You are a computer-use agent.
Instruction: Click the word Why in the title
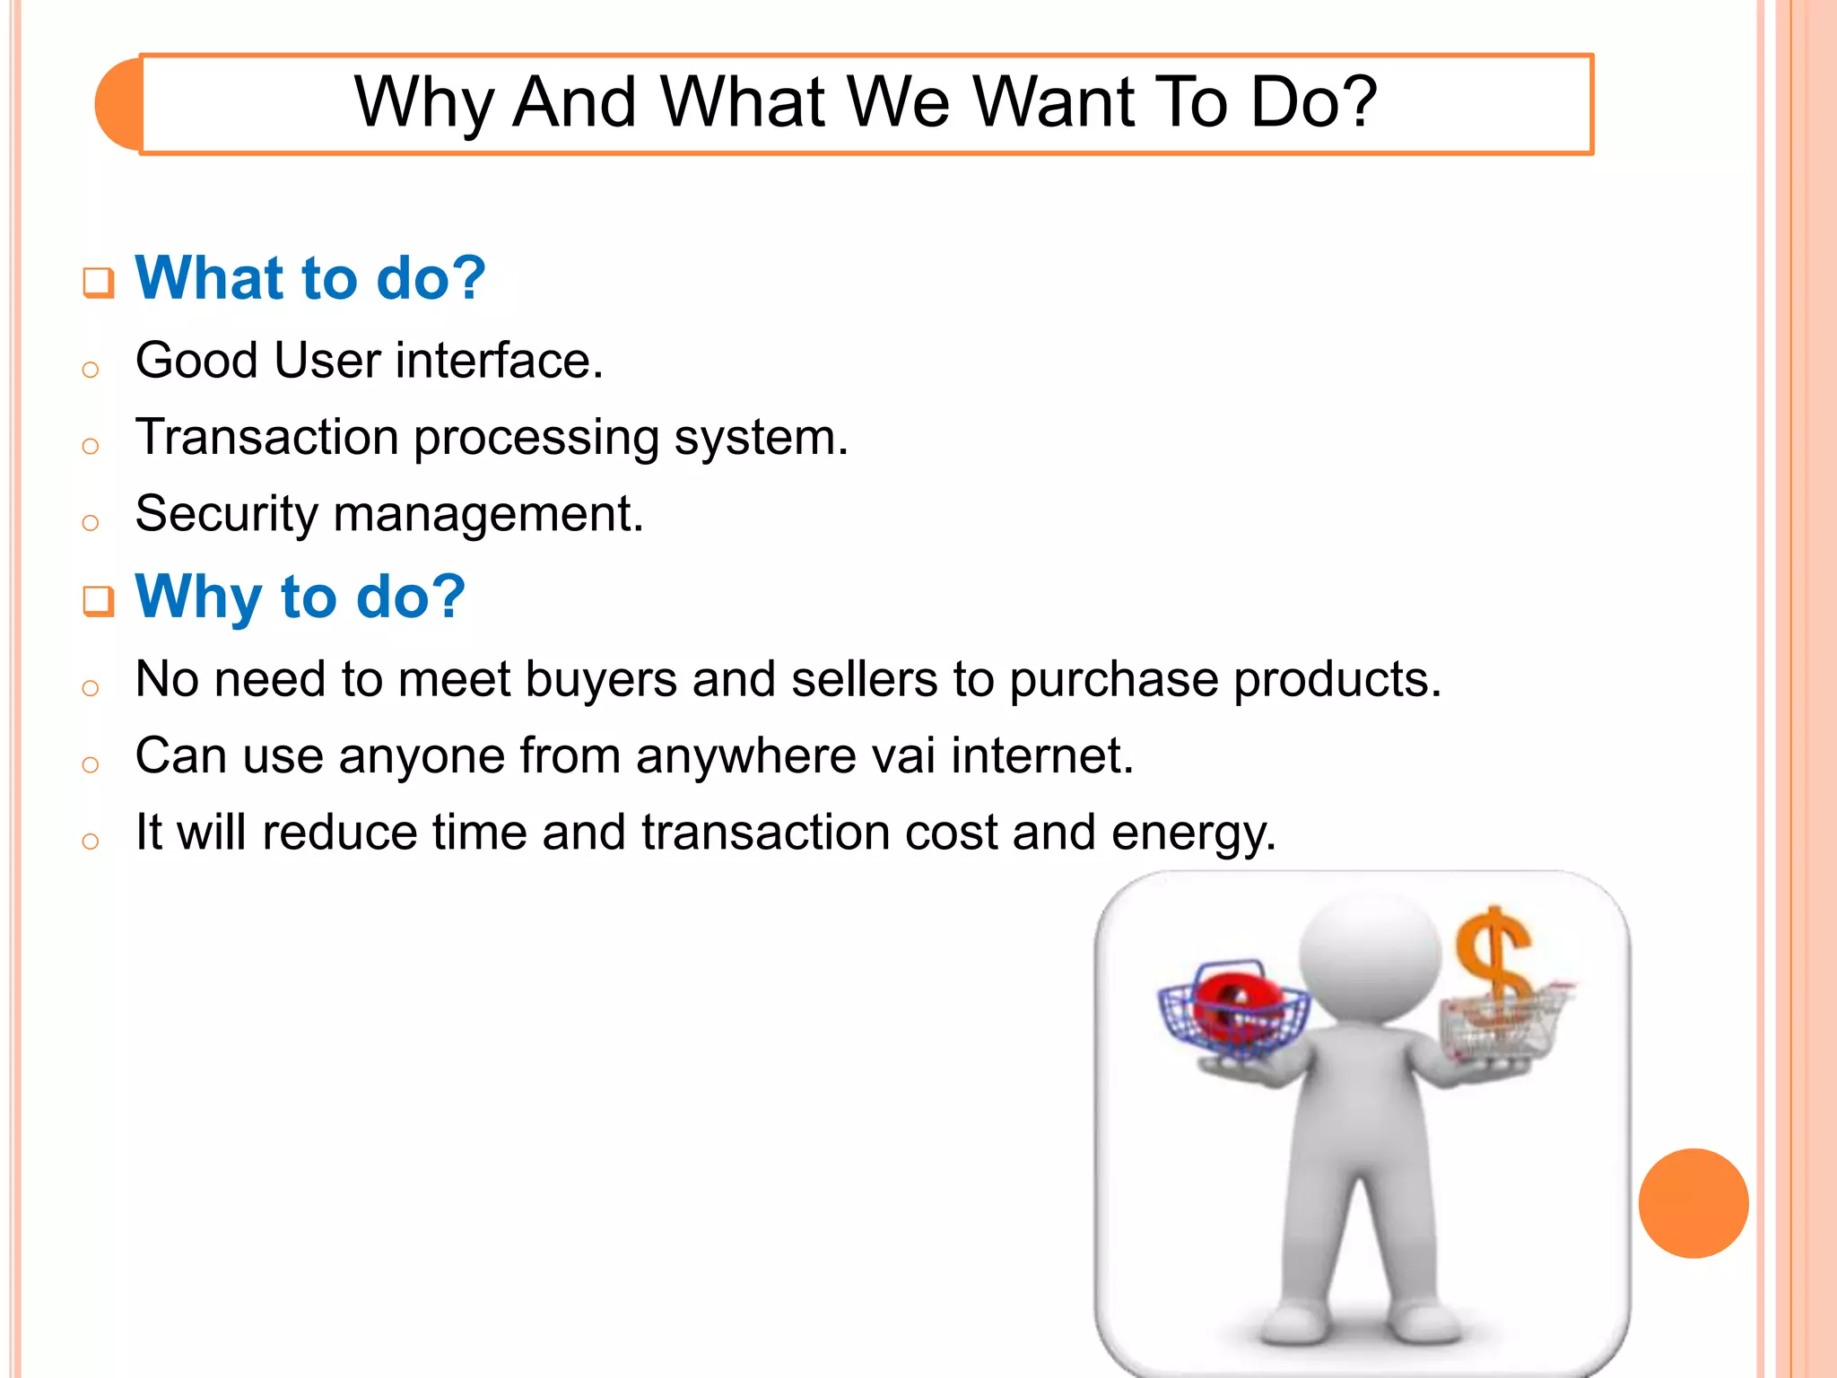[x=423, y=103]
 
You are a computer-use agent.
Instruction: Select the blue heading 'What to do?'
[x=309, y=278]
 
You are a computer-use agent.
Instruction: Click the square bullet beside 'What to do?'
[x=98, y=283]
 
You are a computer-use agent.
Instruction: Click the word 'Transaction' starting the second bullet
[x=266, y=438]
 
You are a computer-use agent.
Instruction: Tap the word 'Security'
[x=226, y=514]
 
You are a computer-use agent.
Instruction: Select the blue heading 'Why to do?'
[x=300, y=597]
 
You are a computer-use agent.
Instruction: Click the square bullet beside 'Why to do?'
[x=98, y=601]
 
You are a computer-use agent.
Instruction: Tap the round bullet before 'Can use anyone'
[x=90, y=764]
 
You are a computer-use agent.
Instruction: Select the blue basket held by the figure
[x=1233, y=1014]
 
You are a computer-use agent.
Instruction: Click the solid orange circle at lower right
[x=1693, y=1203]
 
